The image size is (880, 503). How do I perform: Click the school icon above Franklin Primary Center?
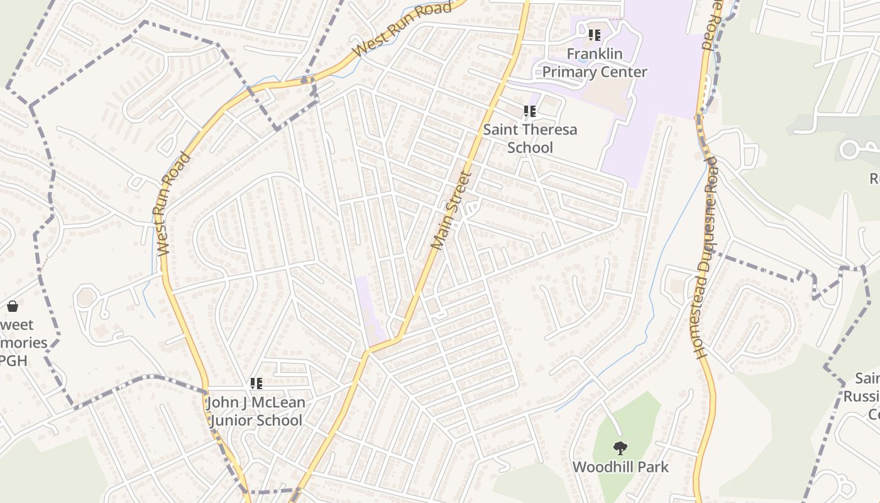pos(594,35)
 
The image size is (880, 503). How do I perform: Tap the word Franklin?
pos(595,54)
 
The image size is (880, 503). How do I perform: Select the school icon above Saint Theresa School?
pos(530,111)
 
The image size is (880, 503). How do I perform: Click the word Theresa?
pos(547,130)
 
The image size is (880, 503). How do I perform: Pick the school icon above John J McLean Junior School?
pos(256,383)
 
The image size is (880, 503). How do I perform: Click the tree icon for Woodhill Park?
pos(620,448)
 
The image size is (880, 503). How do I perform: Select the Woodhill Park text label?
pos(620,467)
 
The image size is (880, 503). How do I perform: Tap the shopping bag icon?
pos(12,306)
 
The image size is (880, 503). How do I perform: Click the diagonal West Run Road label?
pos(402,29)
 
